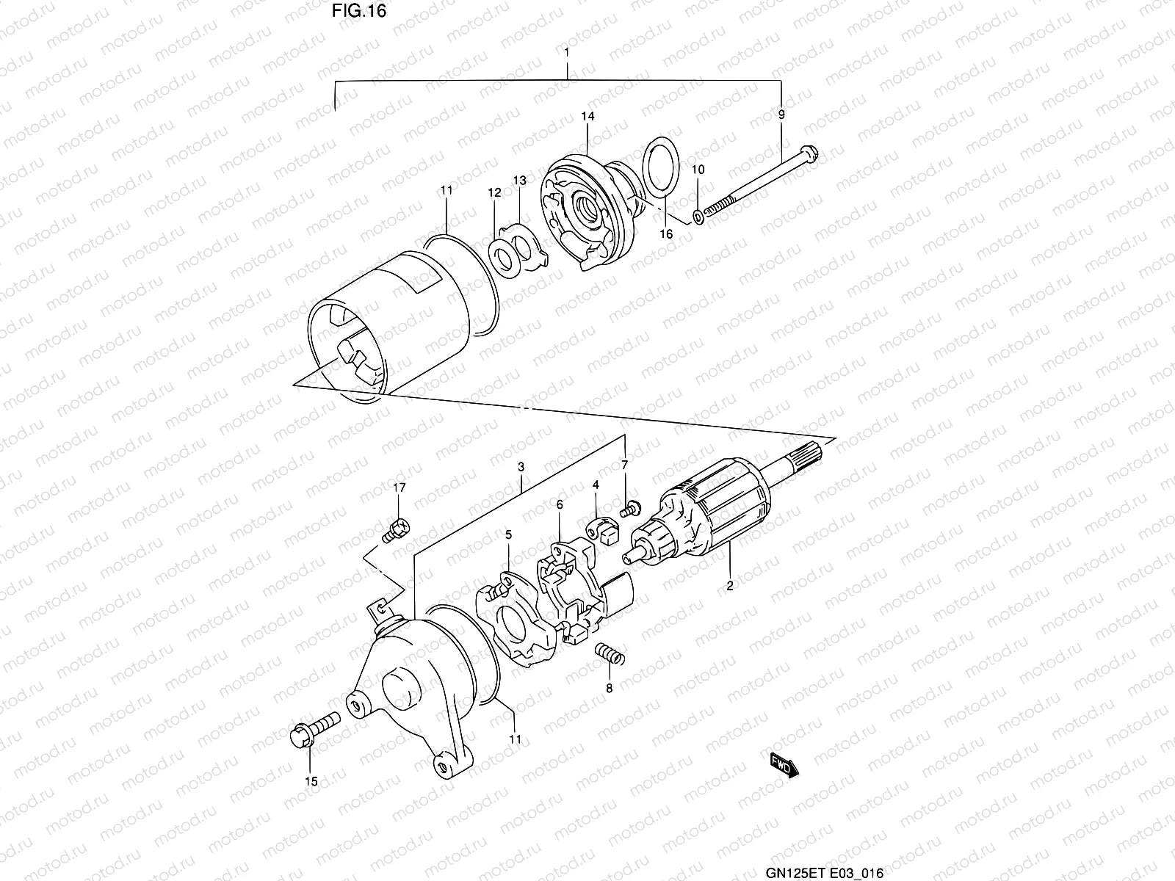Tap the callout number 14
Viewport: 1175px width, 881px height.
(x=587, y=116)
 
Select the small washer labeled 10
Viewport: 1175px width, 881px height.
(x=697, y=217)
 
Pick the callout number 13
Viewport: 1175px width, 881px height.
(x=519, y=181)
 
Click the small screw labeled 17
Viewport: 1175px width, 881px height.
(x=397, y=526)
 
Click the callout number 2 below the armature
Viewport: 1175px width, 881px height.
(x=730, y=586)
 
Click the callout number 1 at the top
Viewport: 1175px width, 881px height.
(x=567, y=53)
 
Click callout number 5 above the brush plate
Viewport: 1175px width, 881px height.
(x=507, y=534)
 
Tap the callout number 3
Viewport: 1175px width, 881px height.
(x=521, y=467)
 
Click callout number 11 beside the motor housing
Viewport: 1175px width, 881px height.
(x=446, y=190)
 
